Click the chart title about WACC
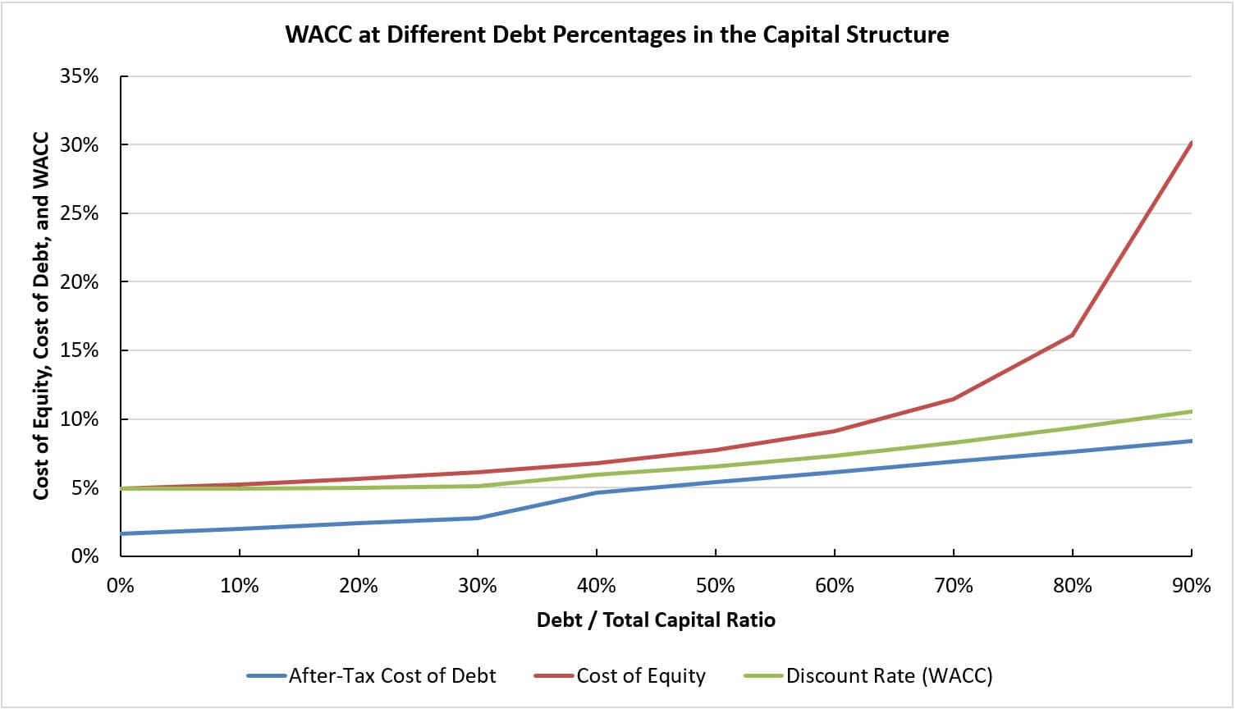[x=617, y=34]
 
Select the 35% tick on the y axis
[x=79, y=76]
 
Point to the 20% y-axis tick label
[x=79, y=282]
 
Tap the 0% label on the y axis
[x=85, y=556]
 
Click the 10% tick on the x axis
[x=240, y=586]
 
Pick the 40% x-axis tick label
[x=597, y=586]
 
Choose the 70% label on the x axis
[x=954, y=586]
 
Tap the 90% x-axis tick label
[x=1191, y=586]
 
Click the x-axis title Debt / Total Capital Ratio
[x=656, y=620]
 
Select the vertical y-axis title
[x=41, y=316]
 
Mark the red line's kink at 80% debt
[x=1072, y=335]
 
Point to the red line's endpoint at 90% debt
[x=1191, y=143]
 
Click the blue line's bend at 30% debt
[x=478, y=518]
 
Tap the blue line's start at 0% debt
[x=121, y=533]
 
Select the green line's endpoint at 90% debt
[x=1191, y=411]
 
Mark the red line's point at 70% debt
[x=953, y=399]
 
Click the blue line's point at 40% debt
[x=597, y=492]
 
